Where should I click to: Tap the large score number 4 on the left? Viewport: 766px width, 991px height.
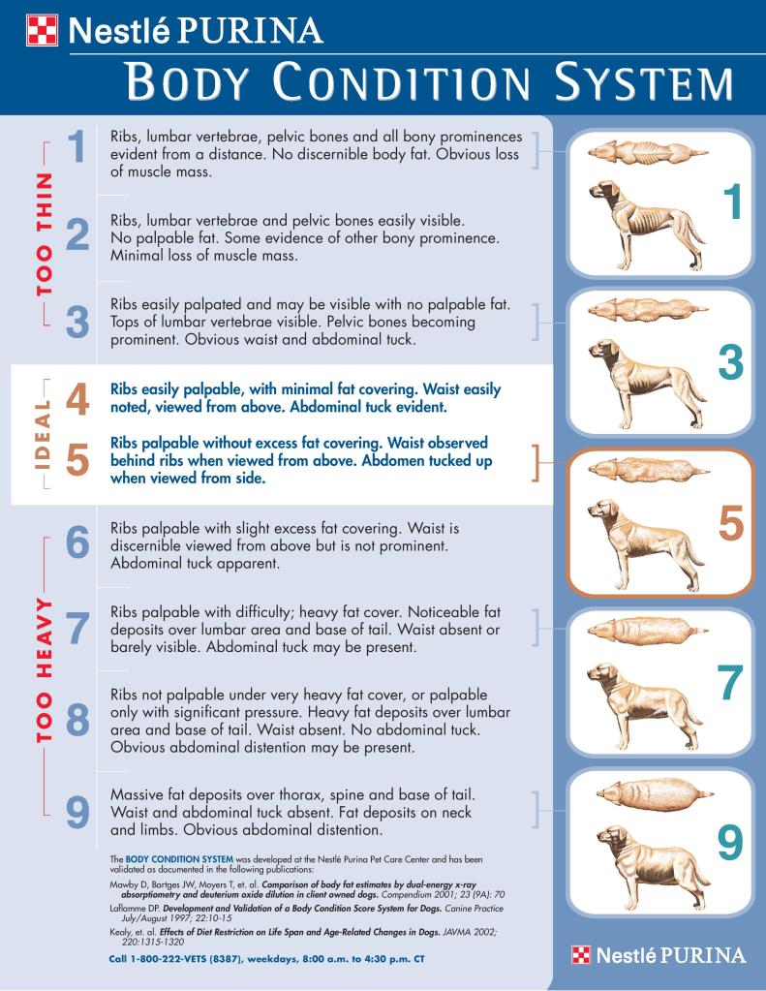point(77,398)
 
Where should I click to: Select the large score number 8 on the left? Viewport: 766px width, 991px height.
point(77,721)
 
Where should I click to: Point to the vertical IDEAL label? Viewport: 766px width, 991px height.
point(42,432)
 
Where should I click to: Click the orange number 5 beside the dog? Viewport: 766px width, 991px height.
point(731,523)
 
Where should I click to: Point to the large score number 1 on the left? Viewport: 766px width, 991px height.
point(77,148)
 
